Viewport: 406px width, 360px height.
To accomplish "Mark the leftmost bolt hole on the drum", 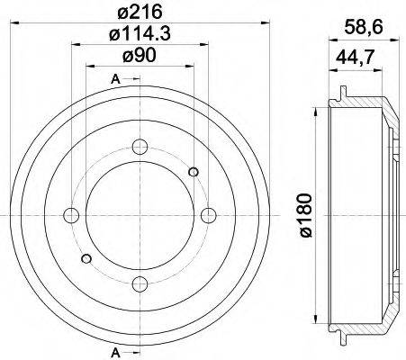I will click(70, 215).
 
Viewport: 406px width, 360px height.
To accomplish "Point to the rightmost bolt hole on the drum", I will click(208, 215).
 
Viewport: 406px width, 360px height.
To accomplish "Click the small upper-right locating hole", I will click(193, 172).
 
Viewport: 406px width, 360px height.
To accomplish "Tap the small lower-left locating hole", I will click(86, 259).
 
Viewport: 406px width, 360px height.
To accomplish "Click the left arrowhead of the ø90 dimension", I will click(89, 68).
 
